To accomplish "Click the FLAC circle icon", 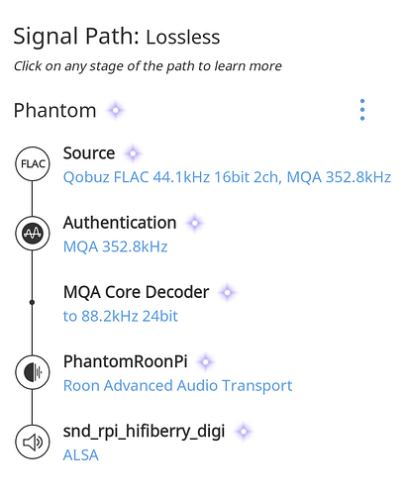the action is click(x=33, y=163).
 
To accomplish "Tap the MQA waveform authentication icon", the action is click(x=33, y=234).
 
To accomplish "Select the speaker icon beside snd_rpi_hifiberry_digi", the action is click(x=33, y=442).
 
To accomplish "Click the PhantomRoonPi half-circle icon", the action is click(x=33, y=372).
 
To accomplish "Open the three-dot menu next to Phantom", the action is click(x=362, y=110).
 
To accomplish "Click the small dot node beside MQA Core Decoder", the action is click(x=32, y=302).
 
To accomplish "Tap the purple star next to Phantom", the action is click(x=116, y=110).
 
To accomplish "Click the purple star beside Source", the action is click(x=133, y=153).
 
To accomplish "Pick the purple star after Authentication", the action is click(x=194, y=223).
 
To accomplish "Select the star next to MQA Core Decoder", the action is click(x=227, y=292).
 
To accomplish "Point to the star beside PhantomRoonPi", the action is click(x=205, y=362).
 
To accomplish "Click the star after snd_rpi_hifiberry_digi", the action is click(x=244, y=432).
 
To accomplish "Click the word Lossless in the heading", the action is click(x=183, y=37).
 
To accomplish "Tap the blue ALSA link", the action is click(x=81, y=455).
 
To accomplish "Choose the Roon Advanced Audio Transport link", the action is click(x=177, y=385).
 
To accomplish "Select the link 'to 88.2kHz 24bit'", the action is click(x=121, y=316).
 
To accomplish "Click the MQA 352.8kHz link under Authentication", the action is click(x=115, y=247).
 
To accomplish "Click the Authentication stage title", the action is click(x=120, y=223).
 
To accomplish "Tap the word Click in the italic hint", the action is click(x=28, y=66).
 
